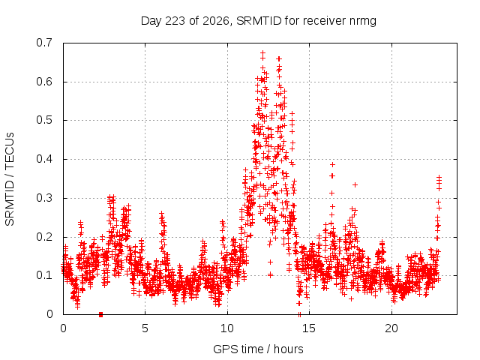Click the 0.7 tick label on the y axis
click(44, 43)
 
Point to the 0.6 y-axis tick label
click(44, 82)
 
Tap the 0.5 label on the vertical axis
click(44, 120)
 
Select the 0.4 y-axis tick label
click(44, 159)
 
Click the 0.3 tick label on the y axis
click(44, 198)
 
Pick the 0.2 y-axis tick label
click(44, 237)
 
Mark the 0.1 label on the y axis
click(44, 275)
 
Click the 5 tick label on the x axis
click(145, 328)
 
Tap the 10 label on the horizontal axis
click(227, 328)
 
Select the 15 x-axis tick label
click(309, 328)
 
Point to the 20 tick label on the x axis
click(391, 328)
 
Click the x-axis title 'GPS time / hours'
click(258, 349)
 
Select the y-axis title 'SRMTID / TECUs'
click(10, 179)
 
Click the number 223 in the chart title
click(175, 21)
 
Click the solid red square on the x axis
click(100, 315)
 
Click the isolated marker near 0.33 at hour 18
click(355, 185)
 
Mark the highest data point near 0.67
click(262, 53)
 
